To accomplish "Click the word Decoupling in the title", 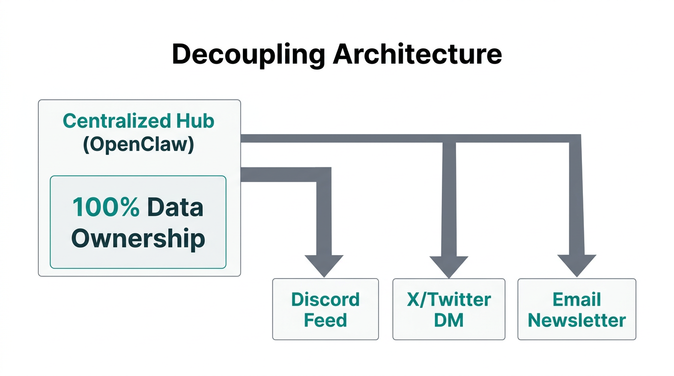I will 248,54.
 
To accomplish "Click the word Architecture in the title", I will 417,54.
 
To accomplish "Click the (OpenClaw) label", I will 139,145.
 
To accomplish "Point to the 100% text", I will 106,208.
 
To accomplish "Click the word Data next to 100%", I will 175,208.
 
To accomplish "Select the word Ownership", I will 138,239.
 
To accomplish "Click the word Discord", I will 325,299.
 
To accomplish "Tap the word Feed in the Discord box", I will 325,320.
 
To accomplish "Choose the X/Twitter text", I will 449,299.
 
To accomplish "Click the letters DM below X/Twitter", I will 449,320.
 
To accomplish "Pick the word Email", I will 577,299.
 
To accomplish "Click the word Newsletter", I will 577,320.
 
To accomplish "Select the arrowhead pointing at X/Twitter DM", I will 449,265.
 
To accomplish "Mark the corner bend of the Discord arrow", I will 324,175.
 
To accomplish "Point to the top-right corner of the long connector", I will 575,139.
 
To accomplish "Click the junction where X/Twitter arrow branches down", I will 449,139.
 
